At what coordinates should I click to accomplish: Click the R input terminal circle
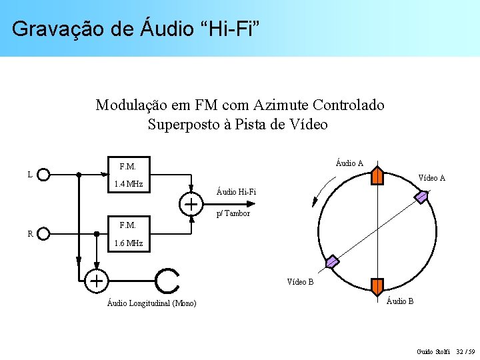point(44,233)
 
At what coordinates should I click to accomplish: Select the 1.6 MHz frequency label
point(129,243)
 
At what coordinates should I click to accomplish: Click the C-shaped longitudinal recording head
point(167,281)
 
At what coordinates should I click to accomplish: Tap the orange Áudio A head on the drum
point(377,175)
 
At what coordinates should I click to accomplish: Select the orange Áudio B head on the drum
point(377,287)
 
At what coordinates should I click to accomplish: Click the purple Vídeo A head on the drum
point(422,196)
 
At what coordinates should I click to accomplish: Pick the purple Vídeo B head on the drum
point(332,261)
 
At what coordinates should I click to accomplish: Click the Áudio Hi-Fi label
point(237,193)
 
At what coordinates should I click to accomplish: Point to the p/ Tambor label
point(233,213)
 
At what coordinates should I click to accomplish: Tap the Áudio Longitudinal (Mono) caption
point(151,304)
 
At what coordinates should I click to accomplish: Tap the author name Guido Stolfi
point(433,351)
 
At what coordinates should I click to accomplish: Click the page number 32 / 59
point(467,351)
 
